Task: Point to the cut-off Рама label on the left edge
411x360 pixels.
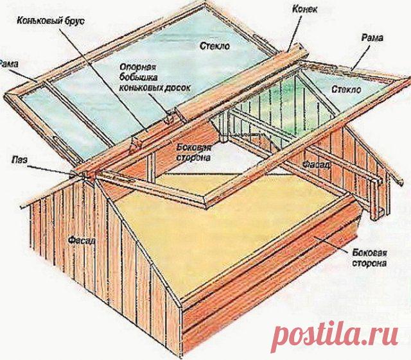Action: [x=8, y=63]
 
